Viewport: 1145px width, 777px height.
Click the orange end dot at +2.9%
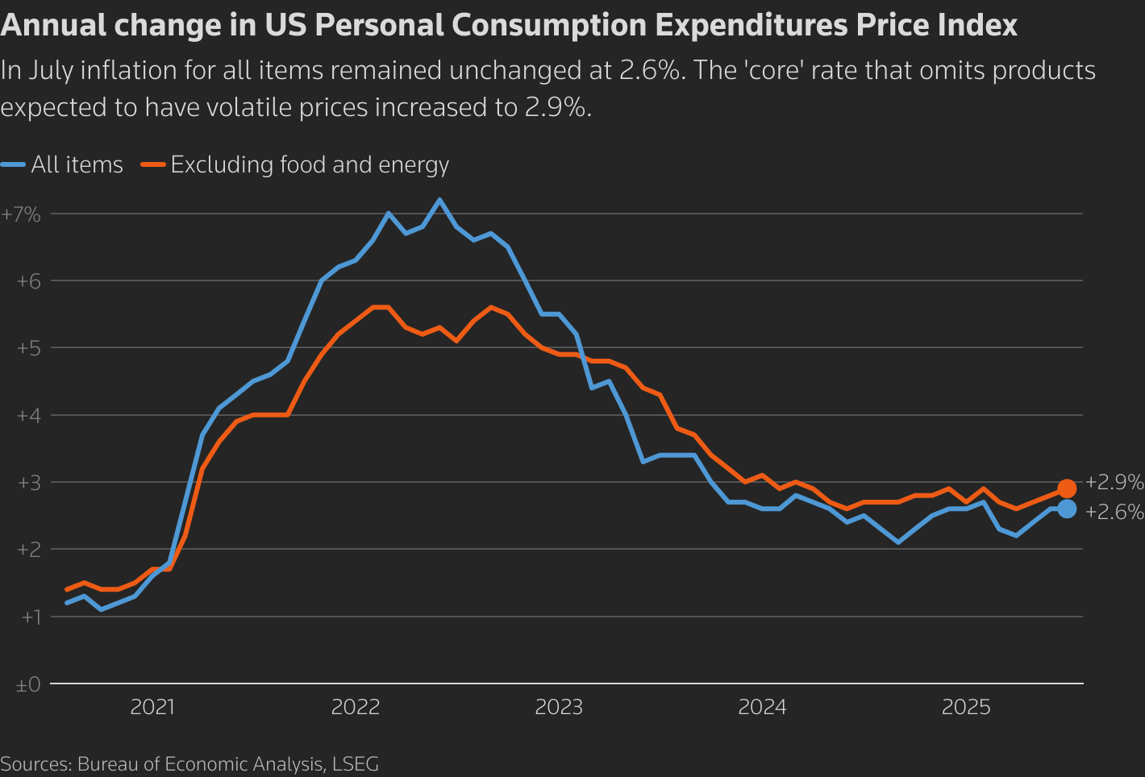click(x=1067, y=488)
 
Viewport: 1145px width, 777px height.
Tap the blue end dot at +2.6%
click(x=1067, y=509)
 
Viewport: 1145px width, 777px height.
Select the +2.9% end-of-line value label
click(x=1114, y=482)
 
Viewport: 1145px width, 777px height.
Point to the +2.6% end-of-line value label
click(x=1114, y=512)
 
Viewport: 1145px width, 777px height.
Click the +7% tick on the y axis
click(x=21, y=214)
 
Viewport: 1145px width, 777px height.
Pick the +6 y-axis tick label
click(x=28, y=281)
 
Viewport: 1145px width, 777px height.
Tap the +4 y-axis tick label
click(x=28, y=416)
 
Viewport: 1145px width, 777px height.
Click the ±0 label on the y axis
click(x=28, y=685)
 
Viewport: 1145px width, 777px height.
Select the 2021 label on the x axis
click(x=152, y=708)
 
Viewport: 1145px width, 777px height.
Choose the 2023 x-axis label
click(x=559, y=708)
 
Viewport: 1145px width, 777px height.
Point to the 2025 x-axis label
click(x=966, y=708)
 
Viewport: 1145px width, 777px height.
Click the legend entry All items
click(x=77, y=165)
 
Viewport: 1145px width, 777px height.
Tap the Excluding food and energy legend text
click(x=310, y=165)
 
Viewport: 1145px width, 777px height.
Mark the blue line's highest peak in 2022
click(x=439, y=199)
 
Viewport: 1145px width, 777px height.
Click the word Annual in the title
click(x=53, y=26)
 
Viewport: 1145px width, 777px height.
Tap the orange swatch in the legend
click(x=152, y=164)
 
